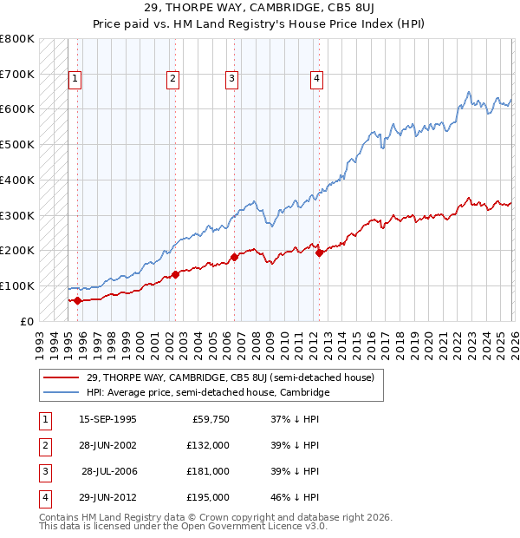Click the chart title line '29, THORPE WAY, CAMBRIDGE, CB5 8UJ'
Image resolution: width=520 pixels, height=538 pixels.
(x=260, y=10)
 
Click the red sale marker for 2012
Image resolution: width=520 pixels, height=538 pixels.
(x=319, y=253)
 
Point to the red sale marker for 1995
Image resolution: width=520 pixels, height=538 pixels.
(x=78, y=300)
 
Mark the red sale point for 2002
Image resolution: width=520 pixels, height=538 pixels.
(x=175, y=274)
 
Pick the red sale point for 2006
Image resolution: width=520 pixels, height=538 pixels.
(x=234, y=257)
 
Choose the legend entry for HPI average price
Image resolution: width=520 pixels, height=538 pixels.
(x=208, y=393)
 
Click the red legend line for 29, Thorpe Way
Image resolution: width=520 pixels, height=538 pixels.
(x=62, y=377)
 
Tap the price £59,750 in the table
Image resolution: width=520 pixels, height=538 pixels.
(x=208, y=419)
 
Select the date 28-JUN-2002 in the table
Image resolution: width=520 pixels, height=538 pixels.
(x=107, y=445)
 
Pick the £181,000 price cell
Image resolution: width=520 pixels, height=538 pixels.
(x=208, y=471)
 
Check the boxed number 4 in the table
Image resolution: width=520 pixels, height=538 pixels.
(x=42, y=497)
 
